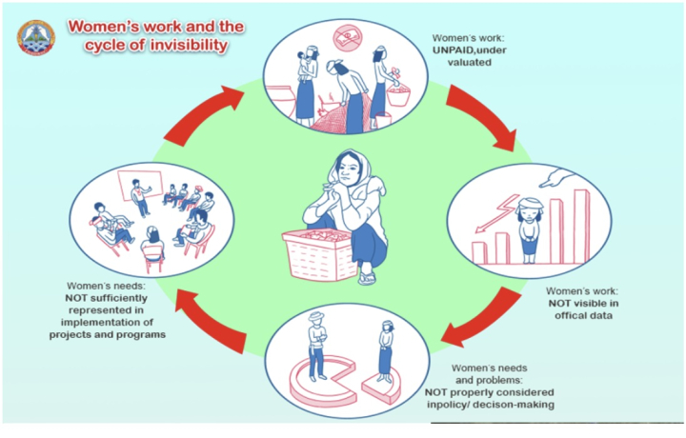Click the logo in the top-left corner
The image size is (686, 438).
coord(36,36)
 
